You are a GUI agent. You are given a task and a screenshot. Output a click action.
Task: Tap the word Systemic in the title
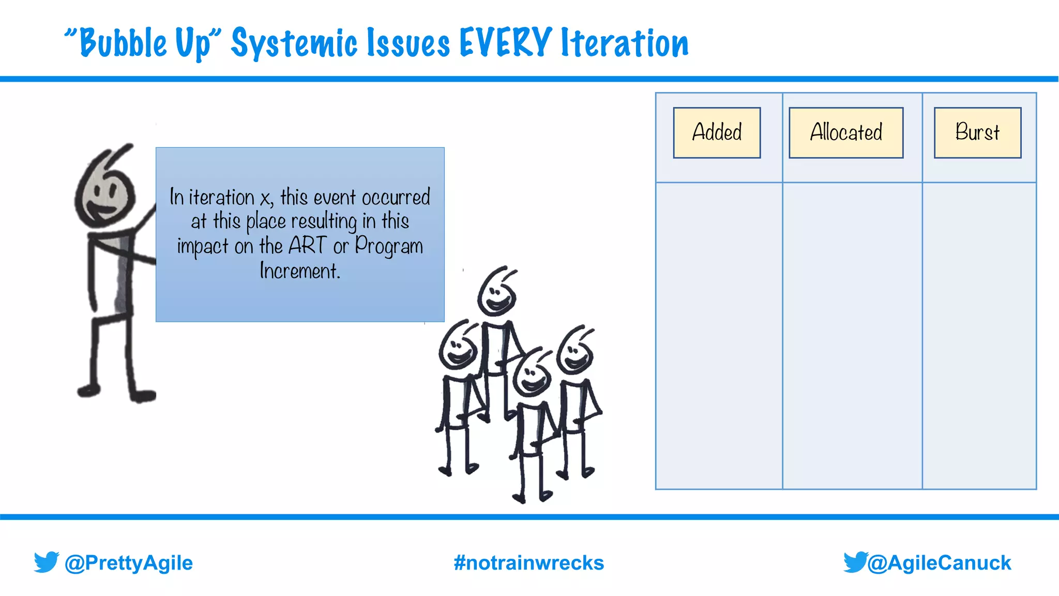click(294, 44)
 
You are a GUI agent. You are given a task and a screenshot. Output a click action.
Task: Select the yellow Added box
click(717, 132)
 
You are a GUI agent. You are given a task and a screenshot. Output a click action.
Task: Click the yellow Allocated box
click(846, 132)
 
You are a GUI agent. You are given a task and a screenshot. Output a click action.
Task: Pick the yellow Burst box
click(977, 132)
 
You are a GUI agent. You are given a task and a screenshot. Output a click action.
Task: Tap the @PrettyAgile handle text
click(128, 563)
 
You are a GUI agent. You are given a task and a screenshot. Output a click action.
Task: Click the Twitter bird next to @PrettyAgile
click(46, 562)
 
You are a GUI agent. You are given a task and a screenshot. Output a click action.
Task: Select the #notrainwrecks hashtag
click(528, 563)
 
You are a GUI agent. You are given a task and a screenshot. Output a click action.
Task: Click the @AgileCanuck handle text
click(939, 563)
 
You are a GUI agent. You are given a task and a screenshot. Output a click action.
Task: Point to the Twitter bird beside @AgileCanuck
click(855, 562)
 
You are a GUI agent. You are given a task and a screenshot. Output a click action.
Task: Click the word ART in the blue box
click(308, 246)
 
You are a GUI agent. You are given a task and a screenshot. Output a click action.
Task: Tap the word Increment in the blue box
click(300, 271)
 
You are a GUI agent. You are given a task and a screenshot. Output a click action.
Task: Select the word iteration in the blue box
click(221, 198)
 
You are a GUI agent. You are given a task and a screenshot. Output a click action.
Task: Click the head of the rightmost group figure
click(575, 353)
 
